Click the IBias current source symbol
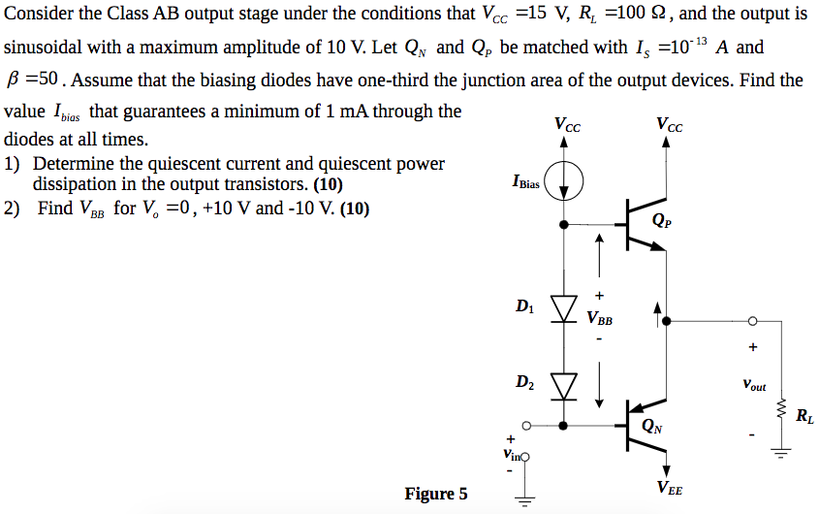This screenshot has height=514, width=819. [x=564, y=181]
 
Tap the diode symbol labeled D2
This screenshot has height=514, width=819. [x=564, y=383]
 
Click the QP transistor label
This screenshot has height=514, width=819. [x=663, y=220]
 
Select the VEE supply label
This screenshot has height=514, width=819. [x=669, y=489]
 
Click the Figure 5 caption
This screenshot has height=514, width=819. [x=435, y=495]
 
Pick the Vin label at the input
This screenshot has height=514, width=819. [x=510, y=452]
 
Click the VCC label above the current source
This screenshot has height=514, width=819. [x=568, y=124]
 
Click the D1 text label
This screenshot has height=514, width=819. [x=524, y=307]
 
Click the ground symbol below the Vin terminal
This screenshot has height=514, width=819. [x=527, y=501]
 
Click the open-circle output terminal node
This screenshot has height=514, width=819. [x=752, y=322]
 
